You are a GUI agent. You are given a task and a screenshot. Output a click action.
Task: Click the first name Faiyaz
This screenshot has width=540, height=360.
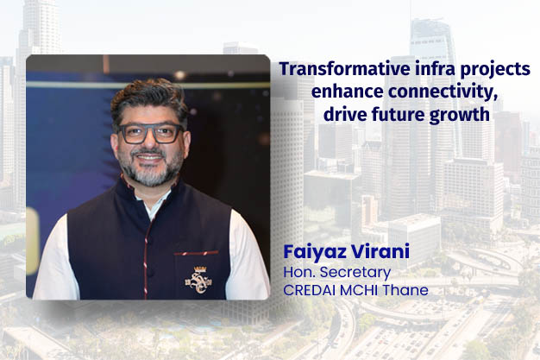[x=311, y=254]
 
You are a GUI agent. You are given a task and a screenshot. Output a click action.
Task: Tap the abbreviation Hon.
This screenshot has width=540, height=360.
[x=297, y=272]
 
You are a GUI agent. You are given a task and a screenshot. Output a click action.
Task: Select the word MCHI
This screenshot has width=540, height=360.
[x=357, y=289]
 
